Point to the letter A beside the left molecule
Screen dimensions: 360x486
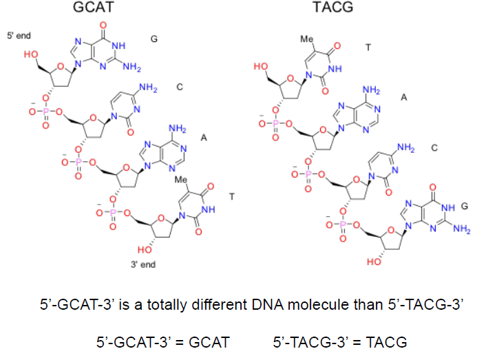pos(204,138)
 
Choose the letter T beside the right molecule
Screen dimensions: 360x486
pos(368,47)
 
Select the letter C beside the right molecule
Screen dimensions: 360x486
pos(434,147)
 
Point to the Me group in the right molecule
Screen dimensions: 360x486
pos(306,39)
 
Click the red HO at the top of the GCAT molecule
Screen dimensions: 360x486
pos(31,54)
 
